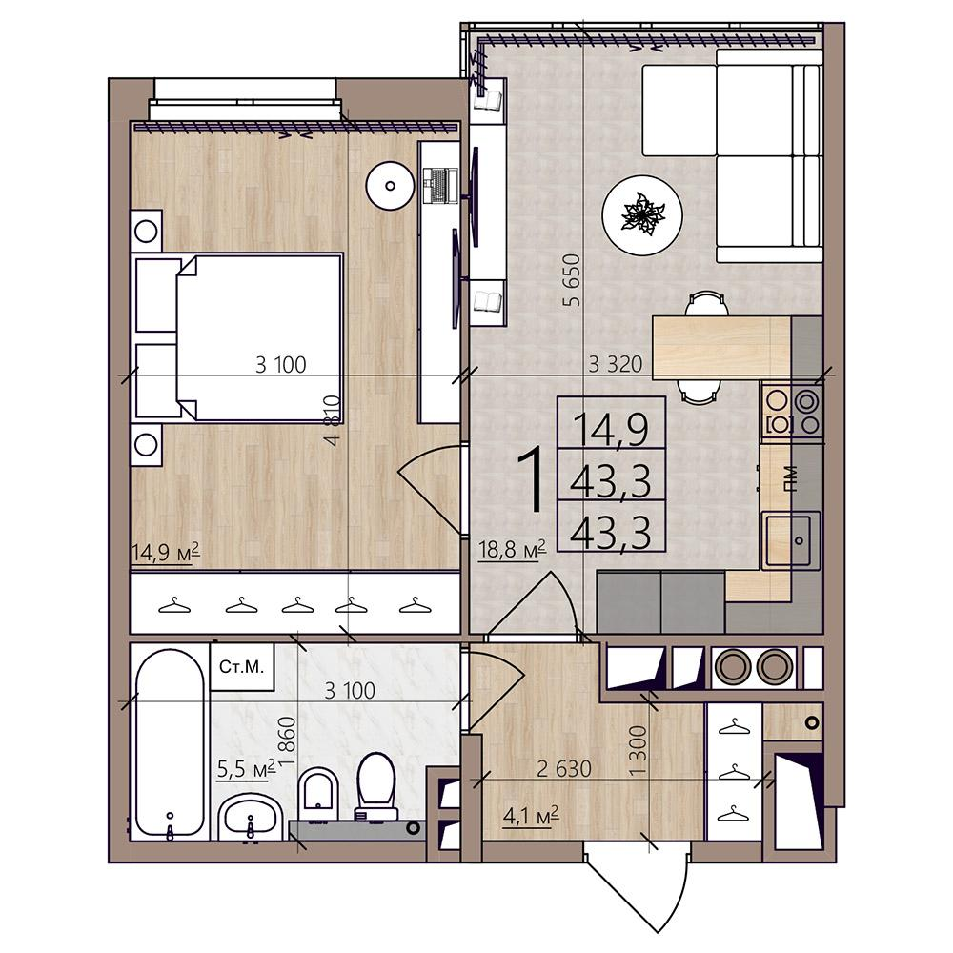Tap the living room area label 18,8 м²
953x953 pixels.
tap(513, 551)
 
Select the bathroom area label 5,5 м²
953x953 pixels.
tap(246, 769)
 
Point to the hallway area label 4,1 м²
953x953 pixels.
tap(531, 817)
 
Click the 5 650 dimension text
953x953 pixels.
tap(573, 280)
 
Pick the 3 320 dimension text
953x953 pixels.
tap(615, 364)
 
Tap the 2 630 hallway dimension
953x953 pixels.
tap(564, 769)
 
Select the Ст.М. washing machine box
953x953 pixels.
tap(242, 667)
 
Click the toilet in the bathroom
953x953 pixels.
tap(376, 787)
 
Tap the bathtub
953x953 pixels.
tap(170, 742)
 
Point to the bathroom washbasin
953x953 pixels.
tap(250, 818)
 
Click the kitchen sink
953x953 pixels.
tap(792, 539)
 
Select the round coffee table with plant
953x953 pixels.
tap(642, 215)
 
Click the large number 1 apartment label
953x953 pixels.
tap(530, 479)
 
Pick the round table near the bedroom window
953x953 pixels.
tap(390, 186)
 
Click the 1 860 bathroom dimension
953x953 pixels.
tap(289, 740)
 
